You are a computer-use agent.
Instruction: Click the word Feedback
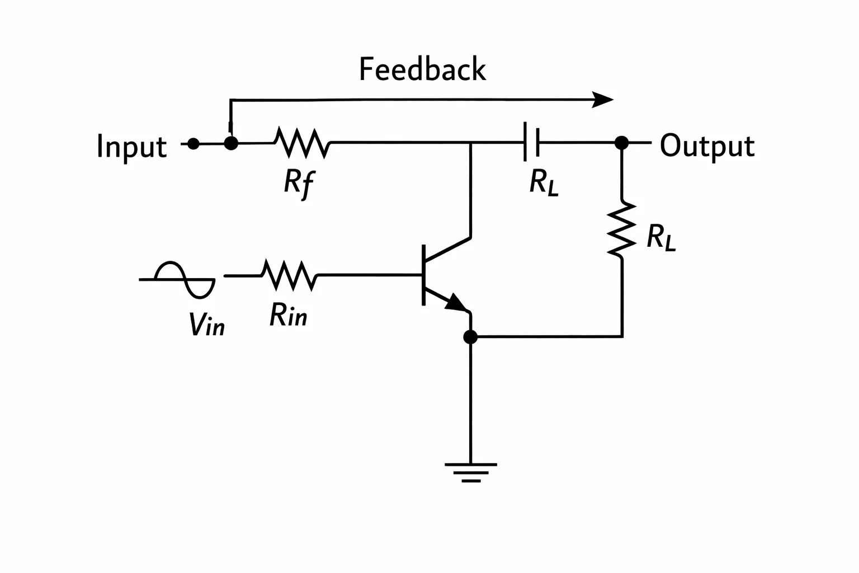tap(422, 69)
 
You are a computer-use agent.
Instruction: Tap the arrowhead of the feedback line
tap(602, 100)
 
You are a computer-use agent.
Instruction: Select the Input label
tap(131, 147)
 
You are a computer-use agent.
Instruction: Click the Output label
tap(707, 146)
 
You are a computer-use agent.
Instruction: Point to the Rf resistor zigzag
tap(302, 143)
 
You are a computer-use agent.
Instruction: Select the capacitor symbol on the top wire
tap(531, 142)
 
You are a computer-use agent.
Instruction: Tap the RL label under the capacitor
tap(544, 182)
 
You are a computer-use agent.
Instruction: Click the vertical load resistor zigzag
tap(622, 229)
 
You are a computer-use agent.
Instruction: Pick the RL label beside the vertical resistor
tap(661, 238)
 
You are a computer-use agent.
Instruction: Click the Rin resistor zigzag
tap(290, 275)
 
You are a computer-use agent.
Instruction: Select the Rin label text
tap(289, 314)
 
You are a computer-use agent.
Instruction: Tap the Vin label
tap(207, 325)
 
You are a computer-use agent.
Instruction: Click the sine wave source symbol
tap(177, 279)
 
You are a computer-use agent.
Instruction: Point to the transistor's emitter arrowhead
tap(457, 302)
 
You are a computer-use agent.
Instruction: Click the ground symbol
tap(471, 472)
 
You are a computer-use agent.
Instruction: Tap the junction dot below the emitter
tap(470, 337)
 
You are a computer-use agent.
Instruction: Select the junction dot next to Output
tap(622, 143)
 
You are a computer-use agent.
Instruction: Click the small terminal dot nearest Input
tap(193, 144)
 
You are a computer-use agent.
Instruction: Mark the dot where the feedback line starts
tap(231, 144)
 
